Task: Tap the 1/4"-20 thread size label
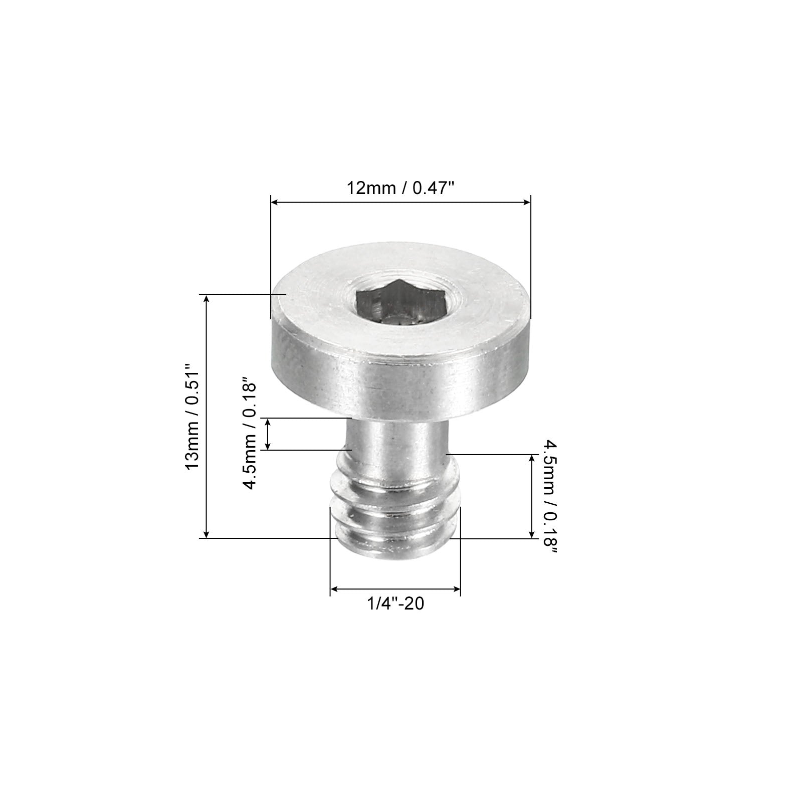[395, 604]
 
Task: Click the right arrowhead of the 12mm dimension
[527, 202]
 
